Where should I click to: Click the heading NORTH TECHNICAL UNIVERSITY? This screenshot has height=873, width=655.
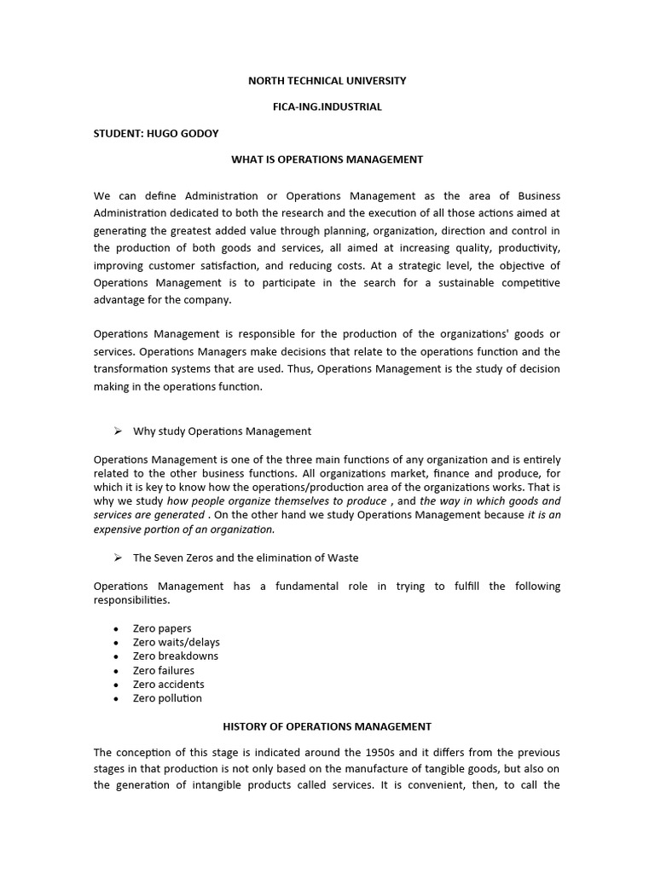click(x=327, y=81)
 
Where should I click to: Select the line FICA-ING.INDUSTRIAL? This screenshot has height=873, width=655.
click(x=327, y=107)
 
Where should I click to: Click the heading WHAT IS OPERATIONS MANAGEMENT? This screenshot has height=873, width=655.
click(x=327, y=159)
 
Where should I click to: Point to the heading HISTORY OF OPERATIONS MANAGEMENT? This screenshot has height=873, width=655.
click(x=327, y=727)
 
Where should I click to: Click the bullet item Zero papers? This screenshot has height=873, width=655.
click(x=162, y=628)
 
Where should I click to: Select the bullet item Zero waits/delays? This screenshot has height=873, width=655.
click(x=176, y=642)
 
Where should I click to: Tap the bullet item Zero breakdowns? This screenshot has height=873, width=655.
click(x=175, y=656)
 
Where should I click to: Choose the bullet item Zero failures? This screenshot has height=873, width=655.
click(x=163, y=671)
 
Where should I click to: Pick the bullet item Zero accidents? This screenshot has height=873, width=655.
click(x=168, y=685)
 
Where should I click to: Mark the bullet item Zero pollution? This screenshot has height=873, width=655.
click(x=167, y=698)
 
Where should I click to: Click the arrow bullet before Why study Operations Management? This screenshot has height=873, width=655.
click(x=119, y=431)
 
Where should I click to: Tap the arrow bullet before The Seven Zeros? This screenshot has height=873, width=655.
click(x=119, y=558)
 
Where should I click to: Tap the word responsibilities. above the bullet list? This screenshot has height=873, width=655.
click(x=131, y=600)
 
